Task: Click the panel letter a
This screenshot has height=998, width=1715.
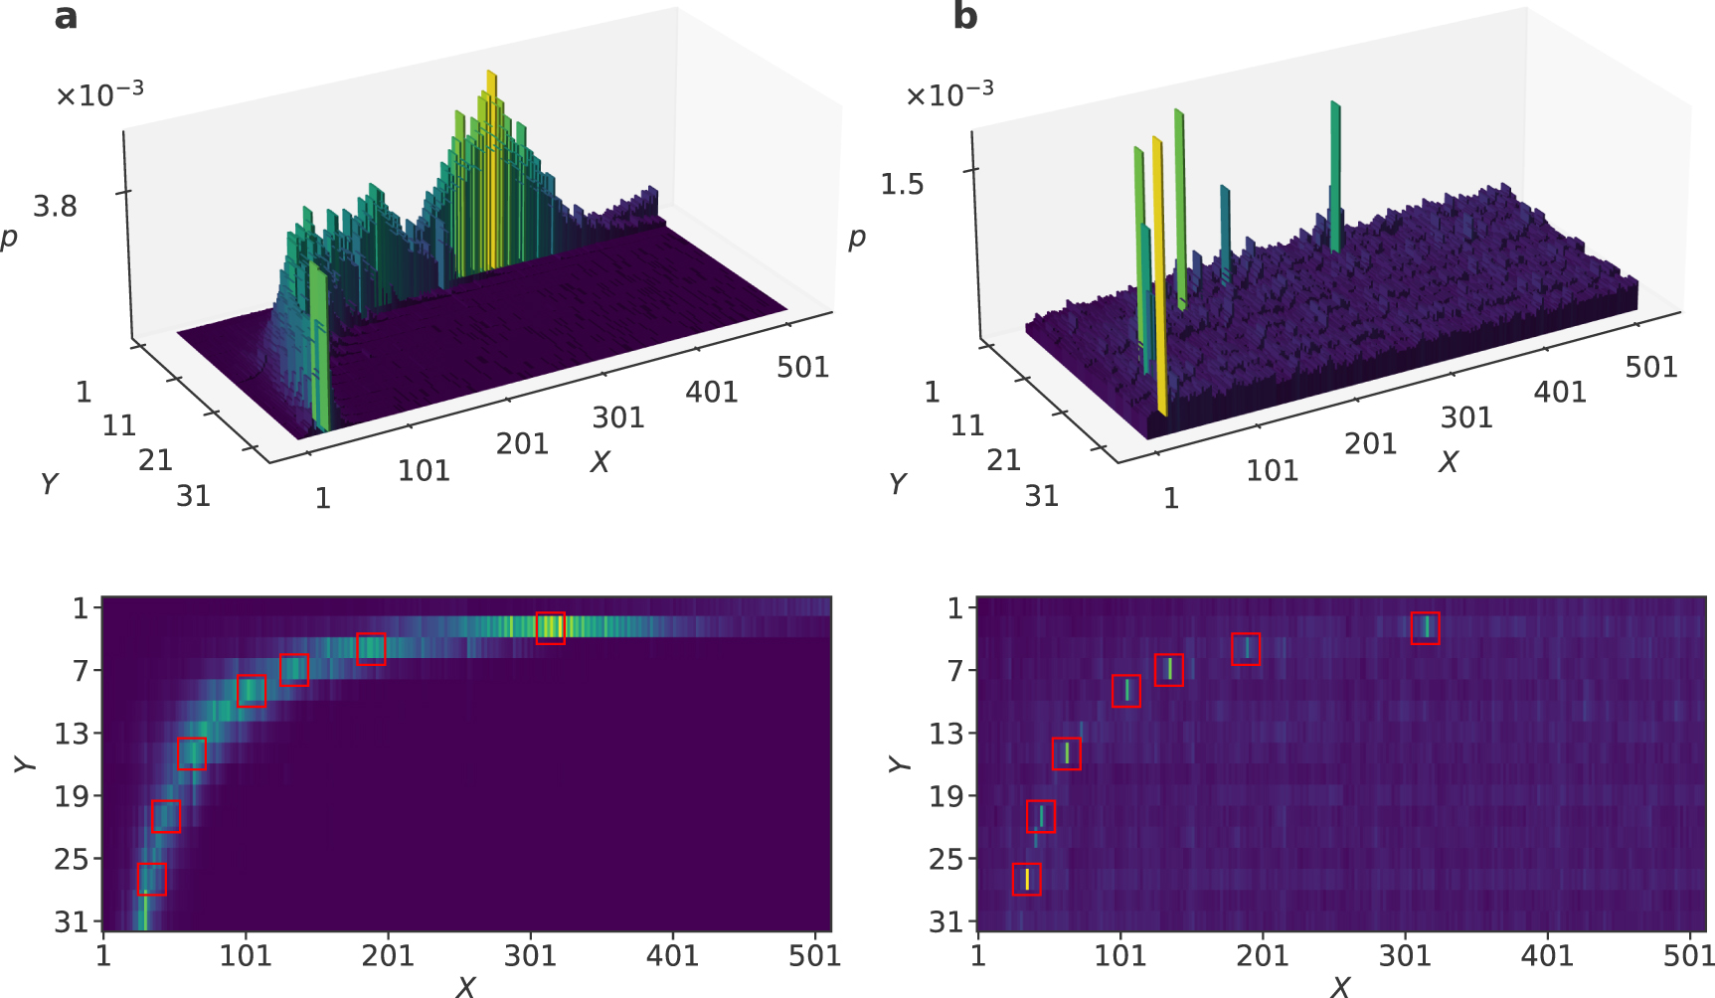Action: tap(66, 17)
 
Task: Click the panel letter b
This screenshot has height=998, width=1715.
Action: tap(964, 17)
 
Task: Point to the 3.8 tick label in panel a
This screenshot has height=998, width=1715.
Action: tap(55, 206)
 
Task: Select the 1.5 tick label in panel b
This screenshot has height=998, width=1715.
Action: tap(902, 184)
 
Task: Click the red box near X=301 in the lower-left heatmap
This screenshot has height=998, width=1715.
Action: tap(550, 628)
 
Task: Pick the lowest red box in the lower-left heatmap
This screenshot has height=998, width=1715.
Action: tap(151, 879)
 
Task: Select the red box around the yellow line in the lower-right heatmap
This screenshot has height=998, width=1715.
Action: tap(1026, 879)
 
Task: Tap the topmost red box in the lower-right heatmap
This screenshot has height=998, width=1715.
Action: tap(1425, 628)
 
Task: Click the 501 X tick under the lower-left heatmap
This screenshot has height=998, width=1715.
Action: tap(815, 956)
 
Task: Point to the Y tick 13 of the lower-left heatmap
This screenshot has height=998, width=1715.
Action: tap(72, 734)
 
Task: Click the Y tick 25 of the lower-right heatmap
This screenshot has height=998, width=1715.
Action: tap(946, 859)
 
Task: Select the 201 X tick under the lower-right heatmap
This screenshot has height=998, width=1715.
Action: tap(1263, 956)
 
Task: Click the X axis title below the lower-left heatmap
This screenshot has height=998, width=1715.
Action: tap(465, 986)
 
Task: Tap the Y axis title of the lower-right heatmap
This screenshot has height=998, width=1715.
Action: tap(898, 763)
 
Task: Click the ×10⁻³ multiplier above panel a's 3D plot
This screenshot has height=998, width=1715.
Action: tap(99, 94)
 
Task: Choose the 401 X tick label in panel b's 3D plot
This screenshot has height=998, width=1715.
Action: tap(1559, 393)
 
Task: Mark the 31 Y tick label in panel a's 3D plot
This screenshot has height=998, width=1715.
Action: tap(193, 495)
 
